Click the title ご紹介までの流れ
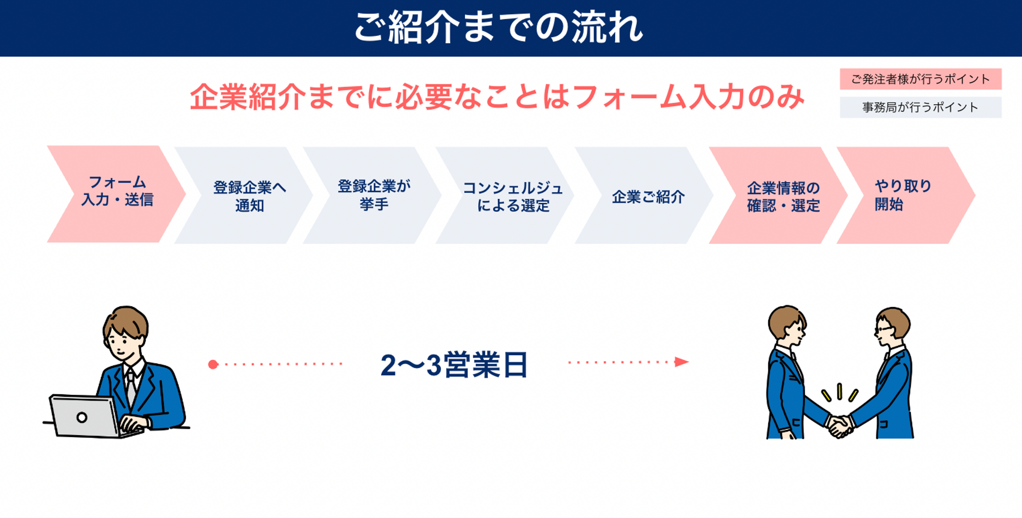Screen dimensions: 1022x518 [498, 27]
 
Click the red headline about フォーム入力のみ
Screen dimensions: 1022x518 [497, 97]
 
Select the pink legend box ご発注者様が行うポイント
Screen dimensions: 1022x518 [920, 79]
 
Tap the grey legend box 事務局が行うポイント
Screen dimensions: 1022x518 [920, 107]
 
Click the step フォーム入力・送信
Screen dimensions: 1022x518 [117, 194]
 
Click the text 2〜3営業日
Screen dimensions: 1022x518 [454, 365]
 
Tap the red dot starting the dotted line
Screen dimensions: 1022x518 [213, 364]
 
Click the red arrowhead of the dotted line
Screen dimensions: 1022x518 [682, 362]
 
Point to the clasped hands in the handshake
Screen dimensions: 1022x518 [840, 425]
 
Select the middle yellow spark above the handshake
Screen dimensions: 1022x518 [839, 392]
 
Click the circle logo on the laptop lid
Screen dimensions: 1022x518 [82, 417]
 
